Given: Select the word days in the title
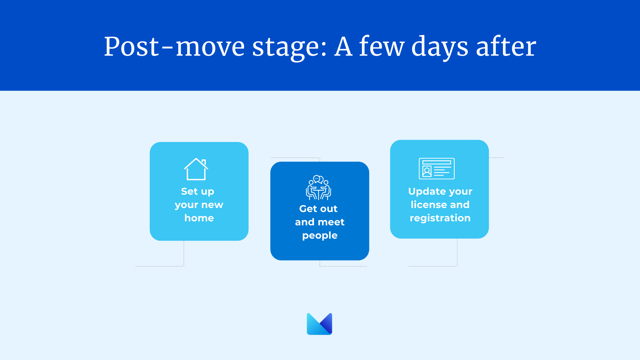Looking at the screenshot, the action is [x=440, y=47].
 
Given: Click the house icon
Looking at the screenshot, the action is [x=196, y=169].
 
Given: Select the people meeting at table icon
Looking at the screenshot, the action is [x=318, y=187].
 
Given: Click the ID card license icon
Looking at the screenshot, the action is [x=437, y=168].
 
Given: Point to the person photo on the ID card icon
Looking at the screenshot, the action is [x=427, y=171].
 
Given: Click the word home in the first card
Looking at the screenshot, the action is [x=199, y=218].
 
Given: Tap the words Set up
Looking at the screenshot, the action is [x=198, y=192].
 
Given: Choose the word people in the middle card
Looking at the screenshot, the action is [x=320, y=236].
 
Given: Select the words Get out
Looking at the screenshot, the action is [x=318, y=209].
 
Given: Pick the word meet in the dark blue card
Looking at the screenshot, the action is [x=331, y=222].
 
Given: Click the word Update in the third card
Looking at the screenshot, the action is [x=425, y=192].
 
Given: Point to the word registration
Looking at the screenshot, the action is [x=440, y=218].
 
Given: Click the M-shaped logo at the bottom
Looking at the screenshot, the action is [x=319, y=324].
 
